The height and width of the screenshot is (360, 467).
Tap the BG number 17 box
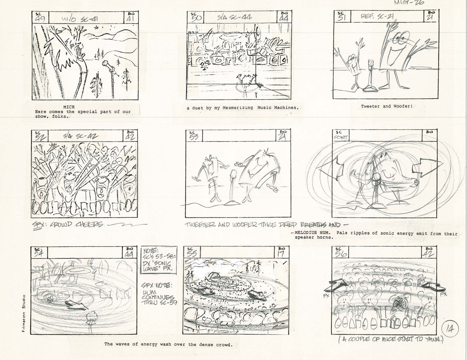(x=281, y=252)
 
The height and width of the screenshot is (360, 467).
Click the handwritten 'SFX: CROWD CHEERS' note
(x=69, y=224)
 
